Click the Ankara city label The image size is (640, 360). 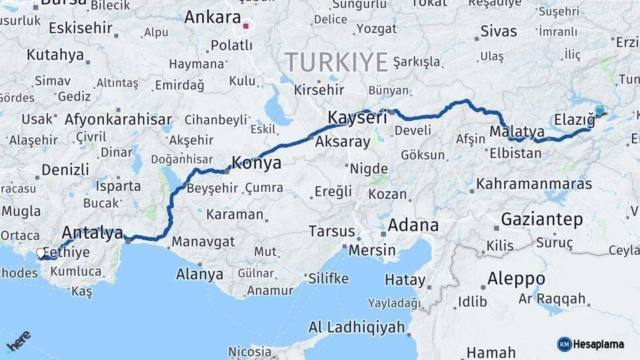pyautogui.click(x=212, y=17)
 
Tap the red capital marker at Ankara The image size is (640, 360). pyautogui.click(x=246, y=27)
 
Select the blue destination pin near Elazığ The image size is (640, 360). pyautogui.click(x=599, y=111)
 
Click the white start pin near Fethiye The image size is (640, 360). pyautogui.click(x=41, y=253)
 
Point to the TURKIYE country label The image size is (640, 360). pyautogui.click(x=337, y=63)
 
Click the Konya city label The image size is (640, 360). pyautogui.click(x=256, y=163)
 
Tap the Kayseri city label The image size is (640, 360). pyautogui.click(x=357, y=118)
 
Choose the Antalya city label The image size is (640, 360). pyautogui.click(x=92, y=233)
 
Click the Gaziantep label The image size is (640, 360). pyautogui.click(x=541, y=219)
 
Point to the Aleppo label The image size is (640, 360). pyautogui.click(x=516, y=278)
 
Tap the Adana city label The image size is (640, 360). pyautogui.click(x=413, y=225)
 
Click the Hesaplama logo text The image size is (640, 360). pyautogui.click(x=599, y=345)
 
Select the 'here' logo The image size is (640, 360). pyautogui.click(x=18, y=342)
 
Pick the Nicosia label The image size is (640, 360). pyautogui.click(x=250, y=351)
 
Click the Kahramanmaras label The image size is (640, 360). pyautogui.click(x=534, y=183)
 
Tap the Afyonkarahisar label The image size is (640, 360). pyautogui.click(x=118, y=120)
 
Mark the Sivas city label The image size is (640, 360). pyautogui.click(x=499, y=31)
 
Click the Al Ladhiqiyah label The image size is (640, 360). pyautogui.click(x=357, y=327)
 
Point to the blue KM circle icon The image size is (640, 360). pyautogui.click(x=564, y=345)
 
